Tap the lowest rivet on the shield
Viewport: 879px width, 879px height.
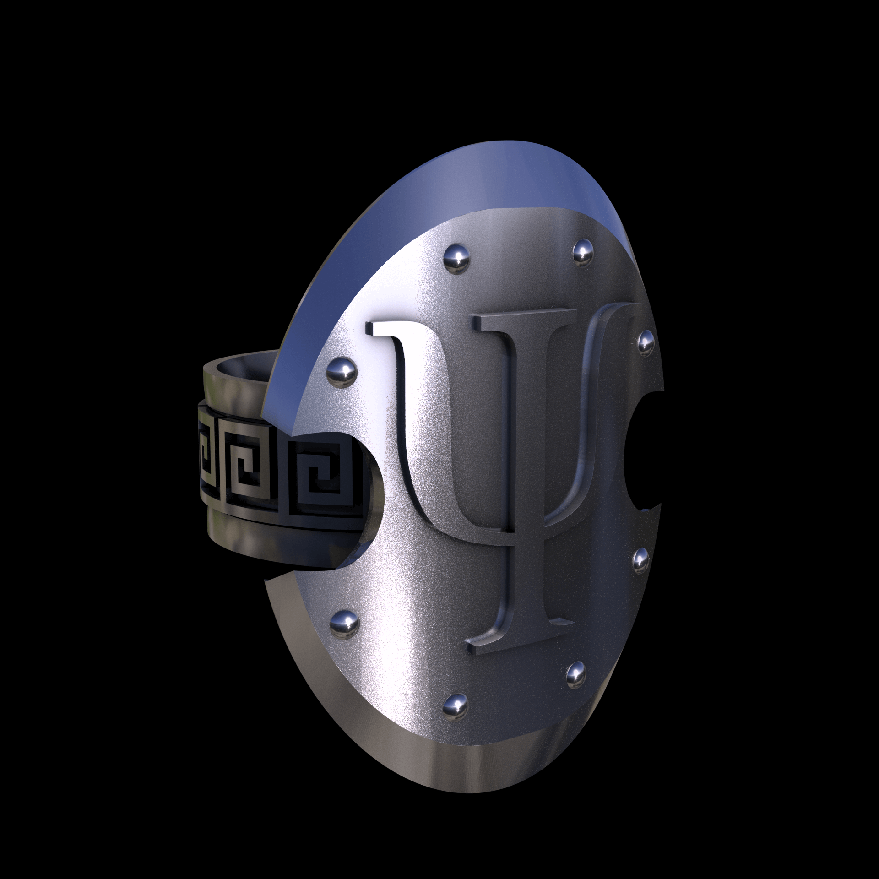click(x=456, y=717)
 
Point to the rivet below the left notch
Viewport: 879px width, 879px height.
click(x=344, y=622)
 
